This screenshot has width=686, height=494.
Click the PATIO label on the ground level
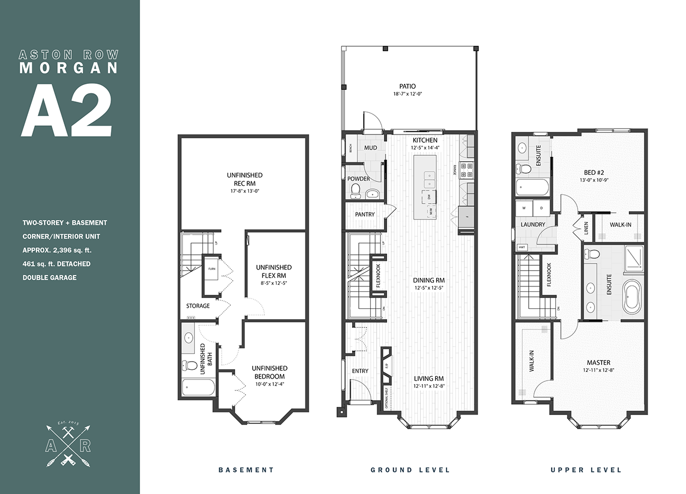coord(407,86)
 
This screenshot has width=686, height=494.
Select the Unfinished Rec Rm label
coord(244,179)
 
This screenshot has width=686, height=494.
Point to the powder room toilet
coord(356,190)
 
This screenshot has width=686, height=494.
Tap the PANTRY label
coord(364,215)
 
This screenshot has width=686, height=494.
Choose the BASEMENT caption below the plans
coord(246,469)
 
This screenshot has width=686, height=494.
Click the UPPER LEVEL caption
coord(585,469)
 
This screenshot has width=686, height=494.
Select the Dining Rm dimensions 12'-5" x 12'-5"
coord(430,288)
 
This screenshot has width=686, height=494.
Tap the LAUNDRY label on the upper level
coord(532,224)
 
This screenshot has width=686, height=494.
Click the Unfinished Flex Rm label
coord(273,271)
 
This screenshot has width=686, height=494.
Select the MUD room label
coord(371,148)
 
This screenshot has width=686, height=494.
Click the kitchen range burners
coord(467,170)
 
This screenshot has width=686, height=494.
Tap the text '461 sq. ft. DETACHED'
coord(57,264)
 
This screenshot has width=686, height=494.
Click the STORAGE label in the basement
coord(198,306)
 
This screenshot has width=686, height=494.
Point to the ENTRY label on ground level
coord(360,371)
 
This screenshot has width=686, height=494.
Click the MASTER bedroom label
coord(598,363)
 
